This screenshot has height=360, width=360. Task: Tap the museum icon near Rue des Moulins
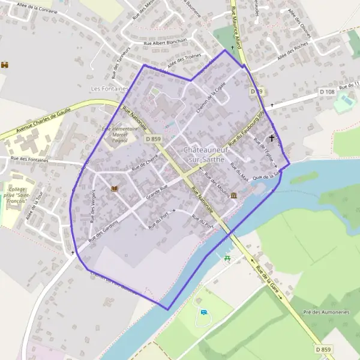[233, 196]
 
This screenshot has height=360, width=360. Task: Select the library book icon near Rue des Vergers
[114, 189]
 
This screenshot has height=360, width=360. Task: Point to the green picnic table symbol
[227, 258]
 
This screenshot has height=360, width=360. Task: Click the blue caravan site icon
[204, 313]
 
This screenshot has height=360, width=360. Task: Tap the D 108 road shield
[327, 91]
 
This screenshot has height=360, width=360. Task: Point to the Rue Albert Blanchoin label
[165, 42]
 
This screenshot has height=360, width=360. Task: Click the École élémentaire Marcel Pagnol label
[124, 136]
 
